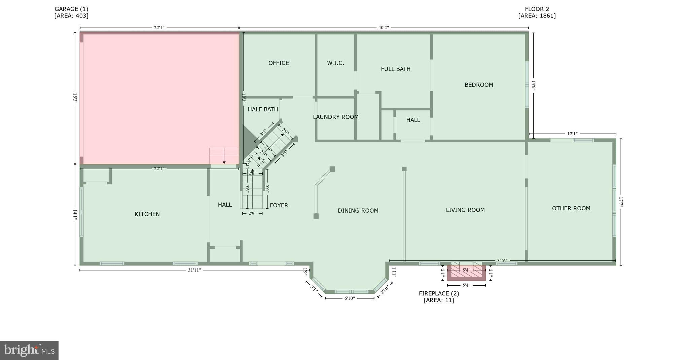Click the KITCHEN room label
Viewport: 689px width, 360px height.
click(147, 214)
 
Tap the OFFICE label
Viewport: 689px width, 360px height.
click(279, 63)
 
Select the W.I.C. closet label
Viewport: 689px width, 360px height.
click(335, 63)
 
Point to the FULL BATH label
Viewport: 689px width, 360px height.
click(396, 69)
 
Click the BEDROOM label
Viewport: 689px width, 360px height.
click(479, 85)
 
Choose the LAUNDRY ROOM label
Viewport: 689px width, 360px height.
click(336, 117)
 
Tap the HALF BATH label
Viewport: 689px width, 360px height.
click(263, 109)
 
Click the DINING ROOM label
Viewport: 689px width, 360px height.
click(358, 211)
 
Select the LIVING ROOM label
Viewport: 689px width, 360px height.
click(465, 210)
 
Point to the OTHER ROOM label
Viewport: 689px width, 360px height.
click(571, 208)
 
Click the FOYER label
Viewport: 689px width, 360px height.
click(279, 205)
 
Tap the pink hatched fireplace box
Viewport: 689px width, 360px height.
click(466, 272)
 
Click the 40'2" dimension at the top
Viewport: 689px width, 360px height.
click(384, 28)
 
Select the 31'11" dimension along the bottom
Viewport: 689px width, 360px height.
click(194, 270)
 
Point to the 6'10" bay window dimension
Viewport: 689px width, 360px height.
click(350, 298)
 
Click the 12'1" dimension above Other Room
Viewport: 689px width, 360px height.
click(572, 134)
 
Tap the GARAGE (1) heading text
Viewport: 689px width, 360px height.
click(71, 9)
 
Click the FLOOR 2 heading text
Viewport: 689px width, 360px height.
click(537, 9)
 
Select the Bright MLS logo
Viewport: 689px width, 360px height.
click(29, 350)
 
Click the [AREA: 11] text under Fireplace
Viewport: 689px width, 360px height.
click(439, 300)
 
